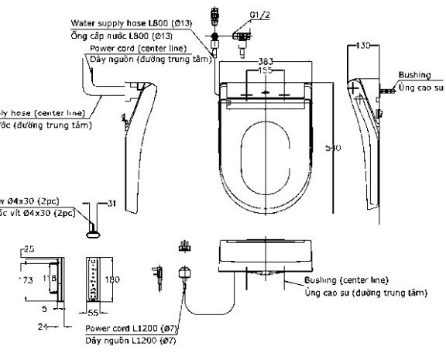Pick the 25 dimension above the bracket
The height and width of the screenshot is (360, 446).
[29, 249]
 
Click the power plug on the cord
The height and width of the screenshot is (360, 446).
[186, 272]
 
